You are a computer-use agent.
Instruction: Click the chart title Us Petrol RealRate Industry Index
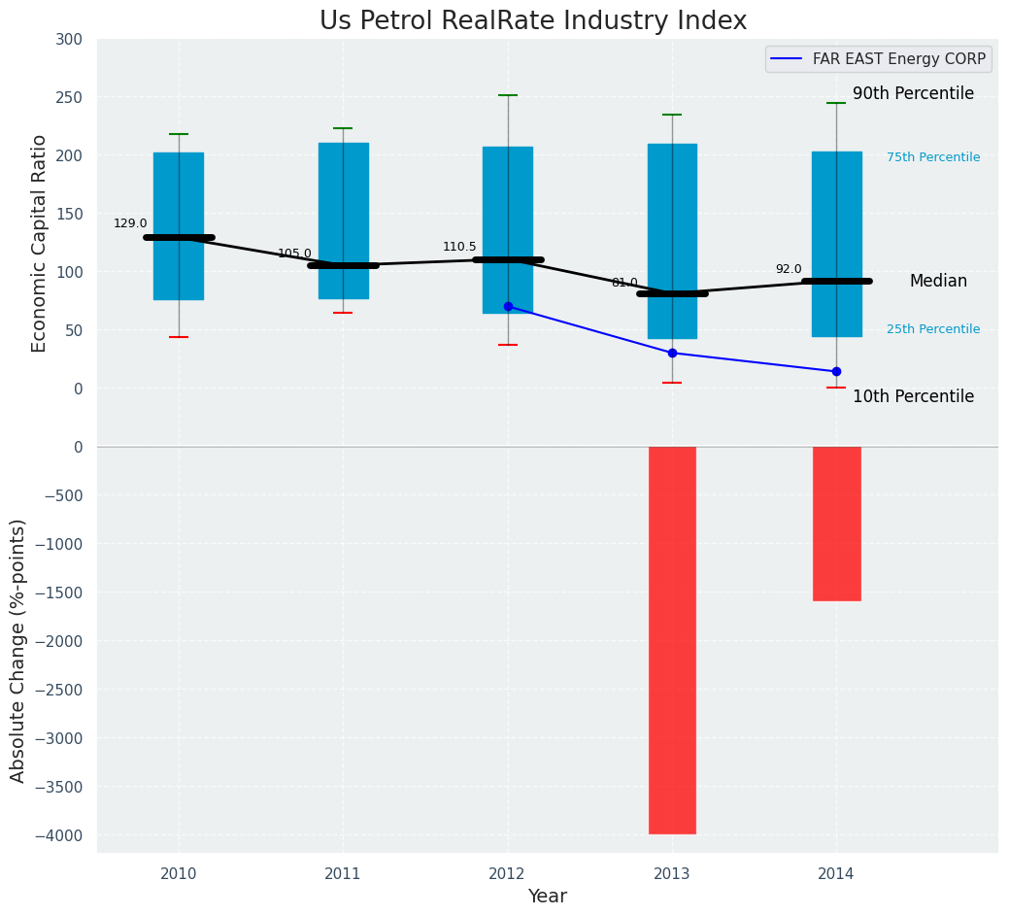(533, 21)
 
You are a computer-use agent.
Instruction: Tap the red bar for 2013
(672, 639)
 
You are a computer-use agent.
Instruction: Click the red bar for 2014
(836, 523)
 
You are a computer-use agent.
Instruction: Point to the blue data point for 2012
(508, 306)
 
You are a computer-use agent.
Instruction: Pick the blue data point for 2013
(672, 353)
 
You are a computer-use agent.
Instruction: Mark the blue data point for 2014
(836, 371)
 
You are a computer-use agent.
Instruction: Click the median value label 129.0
(130, 223)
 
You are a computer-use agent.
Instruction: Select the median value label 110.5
(459, 247)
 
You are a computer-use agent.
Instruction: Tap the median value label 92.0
(789, 269)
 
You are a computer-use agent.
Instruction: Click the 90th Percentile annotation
(913, 93)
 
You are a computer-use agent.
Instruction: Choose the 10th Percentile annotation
(913, 396)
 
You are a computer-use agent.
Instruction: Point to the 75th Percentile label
(933, 157)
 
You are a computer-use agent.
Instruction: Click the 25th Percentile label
(933, 329)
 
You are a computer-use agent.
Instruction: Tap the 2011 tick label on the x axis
(343, 873)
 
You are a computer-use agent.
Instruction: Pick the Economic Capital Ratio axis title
(39, 243)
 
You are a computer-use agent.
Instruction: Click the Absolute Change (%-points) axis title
(17, 650)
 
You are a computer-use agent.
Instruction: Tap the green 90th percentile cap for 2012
(508, 95)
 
